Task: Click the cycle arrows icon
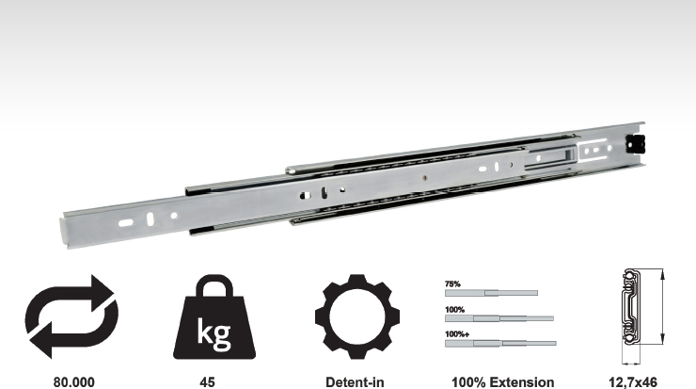(x=71, y=316)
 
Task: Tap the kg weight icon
(x=214, y=316)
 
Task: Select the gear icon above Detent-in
(x=356, y=316)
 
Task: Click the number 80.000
(x=73, y=382)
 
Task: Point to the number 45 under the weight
(x=207, y=382)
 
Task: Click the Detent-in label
(x=355, y=382)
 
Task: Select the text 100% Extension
(x=503, y=382)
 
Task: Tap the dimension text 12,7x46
(x=633, y=382)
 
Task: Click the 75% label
(x=452, y=284)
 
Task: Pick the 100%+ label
(x=457, y=333)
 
